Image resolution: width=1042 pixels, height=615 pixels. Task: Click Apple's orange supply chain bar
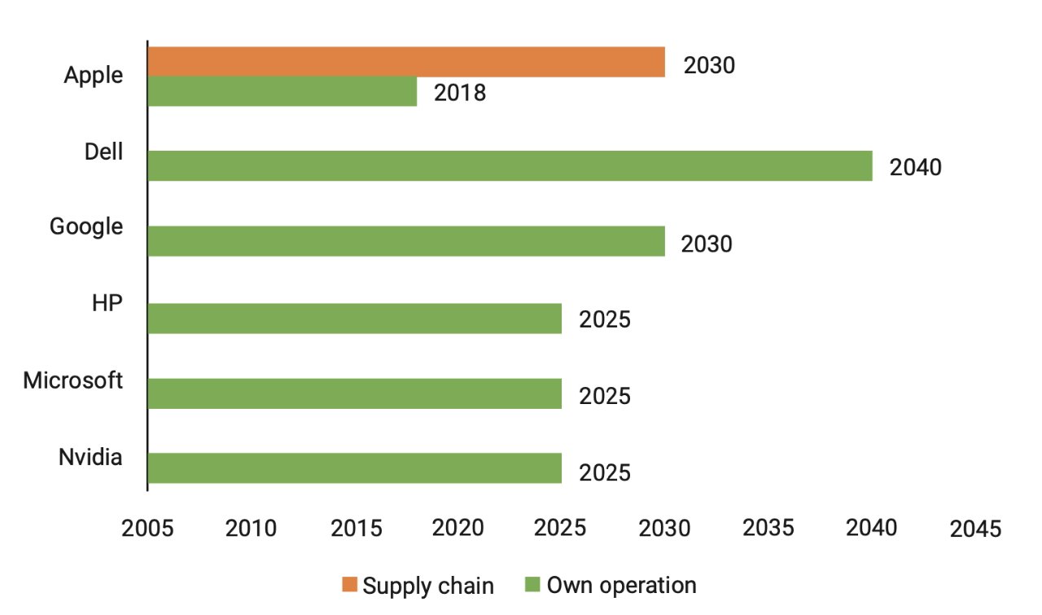[406, 62]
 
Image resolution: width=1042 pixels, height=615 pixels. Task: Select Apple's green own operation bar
[282, 91]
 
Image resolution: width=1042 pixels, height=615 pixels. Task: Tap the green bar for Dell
[510, 166]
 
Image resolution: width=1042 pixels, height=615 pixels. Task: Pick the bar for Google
[406, 242]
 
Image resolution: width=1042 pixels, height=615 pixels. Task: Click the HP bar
[355, 318]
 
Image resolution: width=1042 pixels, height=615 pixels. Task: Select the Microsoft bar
[355, 393]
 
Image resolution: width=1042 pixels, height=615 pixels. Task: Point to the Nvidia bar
[355, 468]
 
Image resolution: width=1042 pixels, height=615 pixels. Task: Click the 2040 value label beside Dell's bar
[915, 168]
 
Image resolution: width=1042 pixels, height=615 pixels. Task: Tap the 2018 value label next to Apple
[460, 93]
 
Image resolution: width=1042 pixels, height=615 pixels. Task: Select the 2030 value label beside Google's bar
[707, 244]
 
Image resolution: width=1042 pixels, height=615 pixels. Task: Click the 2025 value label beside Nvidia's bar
[605, 472]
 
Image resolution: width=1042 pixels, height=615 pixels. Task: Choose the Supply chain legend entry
[418, 585]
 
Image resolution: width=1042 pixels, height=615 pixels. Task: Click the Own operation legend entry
[611, 585]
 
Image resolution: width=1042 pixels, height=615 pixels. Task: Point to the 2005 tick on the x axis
[147, 528]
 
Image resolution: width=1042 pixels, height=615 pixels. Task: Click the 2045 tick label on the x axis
[975, 529]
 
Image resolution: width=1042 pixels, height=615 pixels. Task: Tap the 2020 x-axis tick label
[458, 528]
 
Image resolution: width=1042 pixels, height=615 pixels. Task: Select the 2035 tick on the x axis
[768, 528]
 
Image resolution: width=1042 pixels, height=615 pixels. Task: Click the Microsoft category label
[73, 380]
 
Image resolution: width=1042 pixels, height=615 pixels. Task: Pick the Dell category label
[103, 152]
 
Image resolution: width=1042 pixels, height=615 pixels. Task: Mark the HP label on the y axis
[107, 304]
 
